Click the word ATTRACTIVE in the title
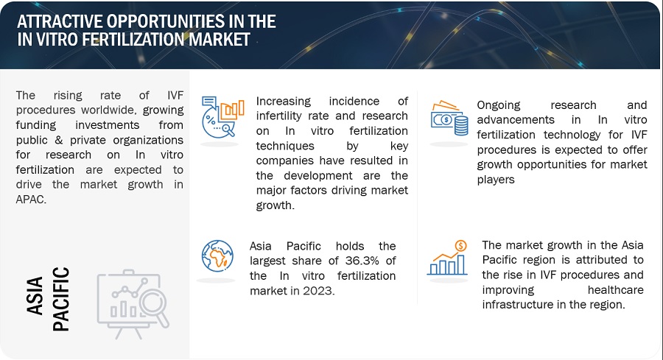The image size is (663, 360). pos(60,21)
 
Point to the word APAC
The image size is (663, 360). pos(31,200)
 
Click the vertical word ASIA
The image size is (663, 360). pos(35,296)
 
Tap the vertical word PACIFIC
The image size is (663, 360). pos(60,299)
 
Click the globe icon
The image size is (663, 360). pos(217,256)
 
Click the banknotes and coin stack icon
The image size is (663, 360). pos(449,119)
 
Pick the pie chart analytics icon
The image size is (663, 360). pos(222,117)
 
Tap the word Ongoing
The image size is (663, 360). pos(499,105)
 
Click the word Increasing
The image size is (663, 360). pos(284,102)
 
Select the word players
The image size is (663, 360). pos(496,180)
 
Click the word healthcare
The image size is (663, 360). pos(616,290)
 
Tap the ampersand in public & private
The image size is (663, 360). pos(59,140)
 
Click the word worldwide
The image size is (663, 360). pos(109,110)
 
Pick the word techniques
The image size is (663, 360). pos(285,147)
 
